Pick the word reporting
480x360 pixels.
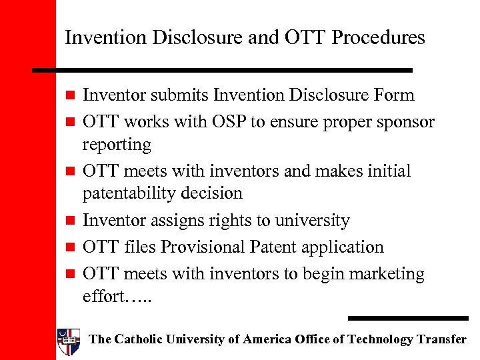point(117,145)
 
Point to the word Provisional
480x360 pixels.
point(200,247)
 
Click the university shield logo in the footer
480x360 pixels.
point(69,340)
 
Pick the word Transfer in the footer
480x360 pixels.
point(441,339)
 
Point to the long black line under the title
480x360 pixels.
point(223,69)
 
